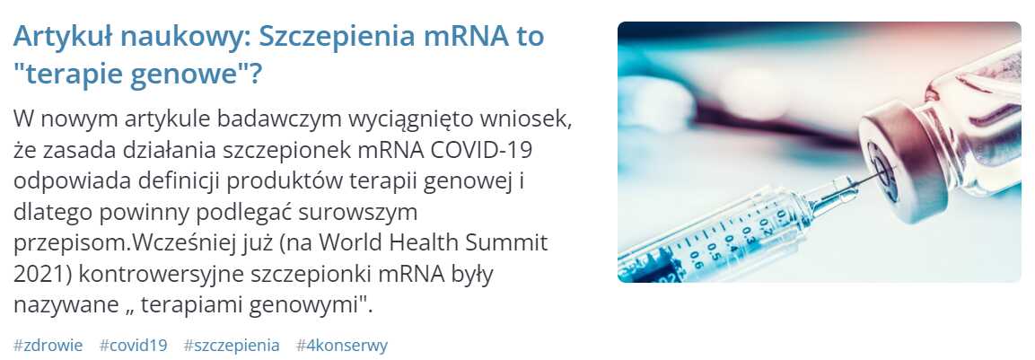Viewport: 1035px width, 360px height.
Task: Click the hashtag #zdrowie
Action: pos(48,346)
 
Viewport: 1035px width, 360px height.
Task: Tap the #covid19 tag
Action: pos(134,346)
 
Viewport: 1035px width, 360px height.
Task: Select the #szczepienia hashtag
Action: pos(232,346)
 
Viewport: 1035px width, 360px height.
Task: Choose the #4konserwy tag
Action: pos(342,346)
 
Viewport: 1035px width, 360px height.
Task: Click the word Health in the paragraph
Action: pos(420,243)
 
